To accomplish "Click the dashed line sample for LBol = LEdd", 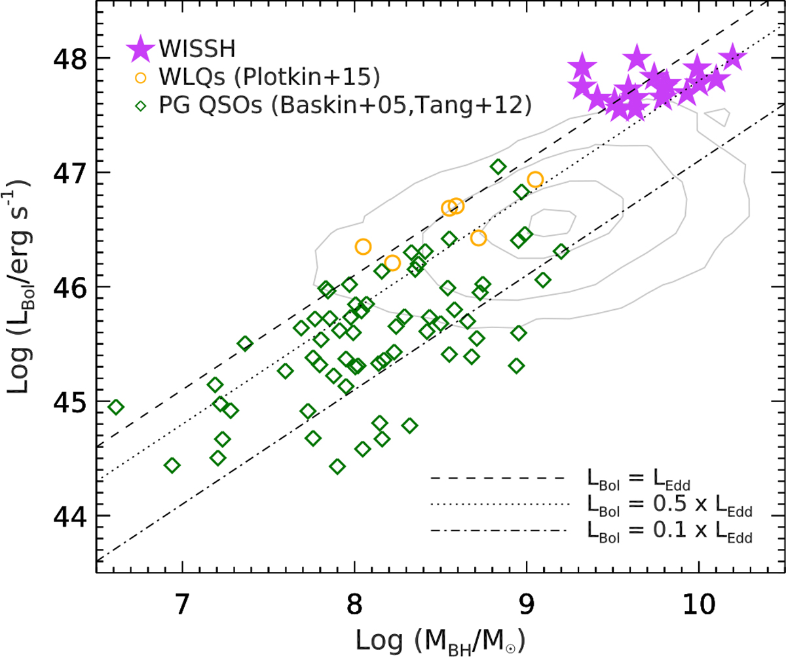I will click(496, 479).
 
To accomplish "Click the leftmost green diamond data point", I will click(115, 407).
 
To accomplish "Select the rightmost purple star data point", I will click(734, 59).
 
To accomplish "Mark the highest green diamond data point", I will click(498, 167).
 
